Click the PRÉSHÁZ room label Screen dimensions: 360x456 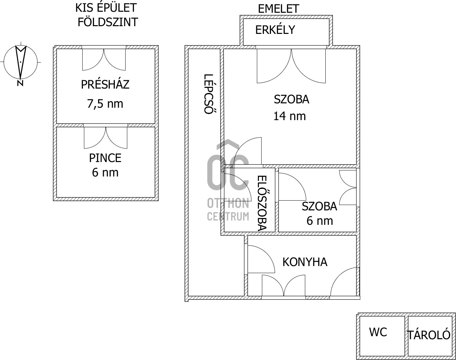[105, 85]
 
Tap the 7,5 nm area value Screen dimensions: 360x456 [105, 104]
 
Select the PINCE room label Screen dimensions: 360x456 [105, 158]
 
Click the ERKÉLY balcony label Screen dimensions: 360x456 [275, 30]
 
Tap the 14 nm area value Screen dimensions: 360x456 [289, 116]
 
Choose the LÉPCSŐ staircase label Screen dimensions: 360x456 [209, 94]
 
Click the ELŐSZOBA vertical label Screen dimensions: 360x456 [262, 203]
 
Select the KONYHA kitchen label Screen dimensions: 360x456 [305, 262]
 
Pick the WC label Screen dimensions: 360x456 [378, 332]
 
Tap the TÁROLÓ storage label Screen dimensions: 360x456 [429, 335]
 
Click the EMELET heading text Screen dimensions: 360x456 [278, 9]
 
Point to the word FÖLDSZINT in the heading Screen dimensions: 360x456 [107, 22]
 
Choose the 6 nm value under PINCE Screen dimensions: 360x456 [105, 173]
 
